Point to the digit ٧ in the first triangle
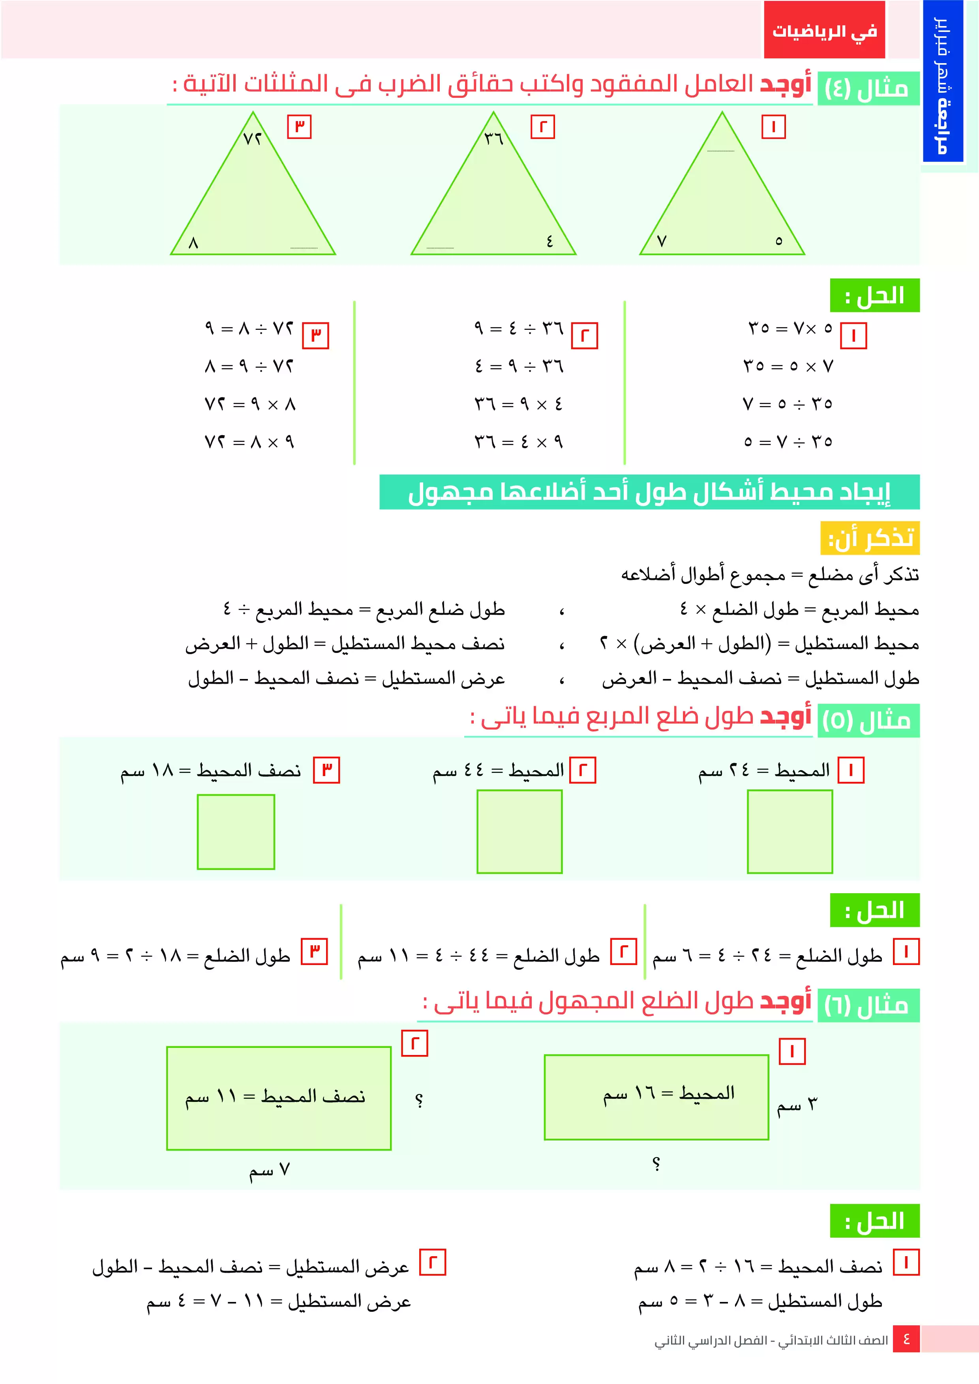click(x=662, y=241)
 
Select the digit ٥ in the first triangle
click(x=779, y=241)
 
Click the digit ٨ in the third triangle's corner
click(x=193, y=243)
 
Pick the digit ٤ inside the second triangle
click(x=550, y=241)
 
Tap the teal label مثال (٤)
click(x=866, y=89)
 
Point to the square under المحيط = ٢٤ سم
click(x=790, y=831)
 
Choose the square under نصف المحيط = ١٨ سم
click(x=236, y=831)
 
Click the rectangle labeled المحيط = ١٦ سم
click(x=656, y=1097)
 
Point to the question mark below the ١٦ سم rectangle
click(x=656, y=1163)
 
